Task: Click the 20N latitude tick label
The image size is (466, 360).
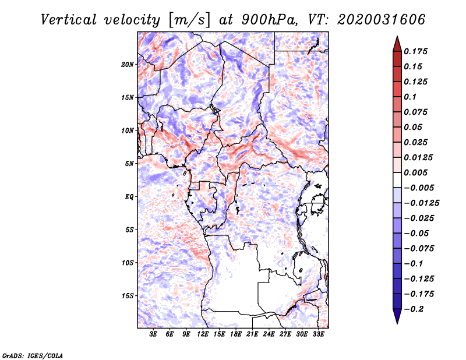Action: tap(128, 64)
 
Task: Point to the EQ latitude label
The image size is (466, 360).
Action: tap(129, 196)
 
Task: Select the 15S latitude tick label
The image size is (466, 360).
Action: tap(128, 295)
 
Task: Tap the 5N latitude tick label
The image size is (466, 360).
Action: tap(129, 163)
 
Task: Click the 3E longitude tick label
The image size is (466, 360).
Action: tap(154, 334)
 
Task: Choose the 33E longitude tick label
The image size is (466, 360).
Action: tap(319, 334)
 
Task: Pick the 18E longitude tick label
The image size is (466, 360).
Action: tap(236, 334)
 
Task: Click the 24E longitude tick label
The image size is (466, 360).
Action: tap(269, 334)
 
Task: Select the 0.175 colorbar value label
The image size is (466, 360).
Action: tap(416, 51)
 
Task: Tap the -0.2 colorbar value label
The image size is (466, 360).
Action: tap(416, 309)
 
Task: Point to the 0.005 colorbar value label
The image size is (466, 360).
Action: tap(416, 172)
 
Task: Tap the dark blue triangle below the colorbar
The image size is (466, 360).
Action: tap(396, 316)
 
